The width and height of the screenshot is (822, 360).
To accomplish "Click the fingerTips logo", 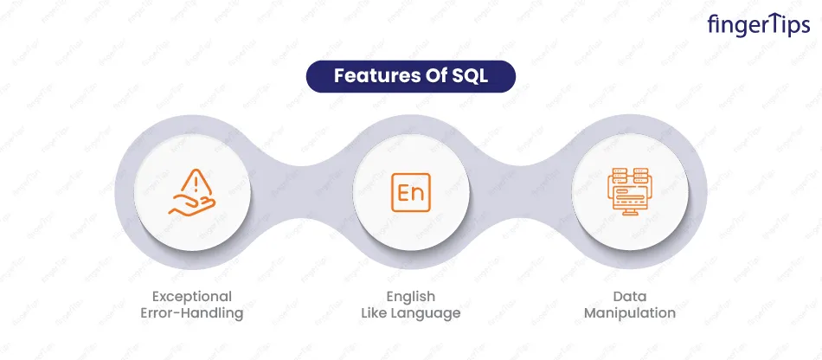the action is [758, 24].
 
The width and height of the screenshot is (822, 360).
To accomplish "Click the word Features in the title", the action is [372, 76].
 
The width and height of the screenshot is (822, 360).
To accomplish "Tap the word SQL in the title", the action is [470, 76].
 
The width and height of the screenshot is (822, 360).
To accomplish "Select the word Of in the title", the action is [432, 76].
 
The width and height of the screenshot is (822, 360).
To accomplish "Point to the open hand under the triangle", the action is [192, 205].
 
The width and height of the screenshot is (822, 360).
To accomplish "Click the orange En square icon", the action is [411, 192].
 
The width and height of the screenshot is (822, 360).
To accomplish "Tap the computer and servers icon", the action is [628, 192].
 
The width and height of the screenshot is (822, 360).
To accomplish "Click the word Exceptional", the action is [192, 297].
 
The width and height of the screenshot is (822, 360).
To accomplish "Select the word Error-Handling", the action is [192, 313].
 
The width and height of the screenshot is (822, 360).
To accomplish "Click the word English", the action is [411, 297].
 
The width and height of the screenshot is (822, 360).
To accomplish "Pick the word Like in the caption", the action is [374, 313].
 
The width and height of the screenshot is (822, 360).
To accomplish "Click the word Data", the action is [630, 297].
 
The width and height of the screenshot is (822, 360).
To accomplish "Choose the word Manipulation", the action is [630, 313].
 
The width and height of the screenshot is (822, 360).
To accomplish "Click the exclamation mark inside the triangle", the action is [196, 184].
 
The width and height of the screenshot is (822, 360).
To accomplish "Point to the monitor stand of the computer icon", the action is [628, 212].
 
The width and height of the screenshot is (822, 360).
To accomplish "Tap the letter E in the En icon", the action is [404, 192].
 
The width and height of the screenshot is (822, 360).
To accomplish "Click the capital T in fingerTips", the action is [770, 23].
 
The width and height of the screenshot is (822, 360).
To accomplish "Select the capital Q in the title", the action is [470, 77].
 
